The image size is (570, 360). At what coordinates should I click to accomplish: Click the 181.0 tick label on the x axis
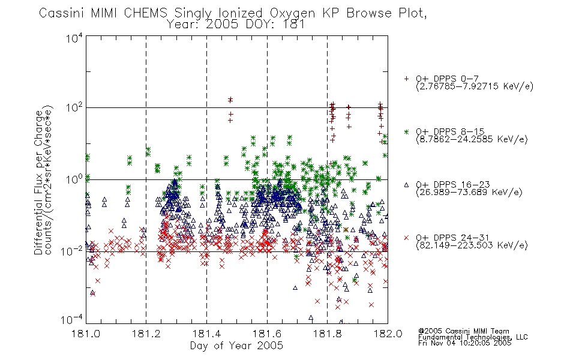point(86,334)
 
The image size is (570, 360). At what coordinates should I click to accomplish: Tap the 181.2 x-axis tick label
point(146,334)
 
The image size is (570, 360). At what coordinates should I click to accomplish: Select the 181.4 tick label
point(206,334)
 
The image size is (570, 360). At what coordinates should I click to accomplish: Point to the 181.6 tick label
point(267,334)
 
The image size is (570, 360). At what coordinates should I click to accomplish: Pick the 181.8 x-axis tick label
point(327,334)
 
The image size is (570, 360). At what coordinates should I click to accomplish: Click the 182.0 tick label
point(388,334)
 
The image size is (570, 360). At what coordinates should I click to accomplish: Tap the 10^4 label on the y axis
point(74,38)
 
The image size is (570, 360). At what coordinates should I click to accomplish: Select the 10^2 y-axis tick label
point(74,108)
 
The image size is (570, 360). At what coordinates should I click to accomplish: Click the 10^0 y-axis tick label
point(74,179)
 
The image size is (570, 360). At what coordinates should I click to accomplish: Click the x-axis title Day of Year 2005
point(236,346)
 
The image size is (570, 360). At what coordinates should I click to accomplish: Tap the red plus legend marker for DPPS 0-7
point(406,79)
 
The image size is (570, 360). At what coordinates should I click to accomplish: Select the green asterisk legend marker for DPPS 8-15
point(406,131)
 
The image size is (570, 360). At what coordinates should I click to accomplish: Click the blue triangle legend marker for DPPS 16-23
point(406,185)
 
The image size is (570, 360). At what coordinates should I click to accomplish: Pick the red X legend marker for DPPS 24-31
point(406,238)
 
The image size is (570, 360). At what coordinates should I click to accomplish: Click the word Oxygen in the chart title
point(292,13)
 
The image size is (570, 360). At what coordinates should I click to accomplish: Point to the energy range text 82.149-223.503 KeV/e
point(472,245)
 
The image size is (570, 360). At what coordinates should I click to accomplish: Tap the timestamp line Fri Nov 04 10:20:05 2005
point(464,343)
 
